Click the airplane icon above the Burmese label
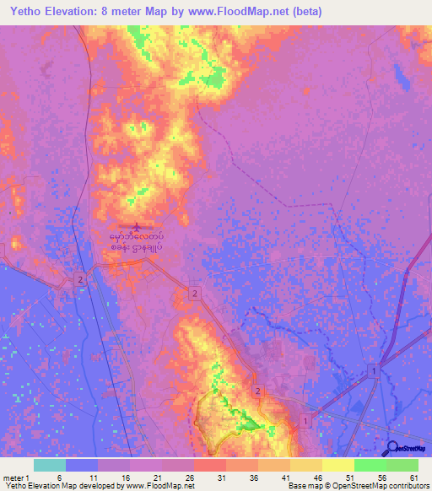pos(138,226)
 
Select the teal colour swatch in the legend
pos(49,465)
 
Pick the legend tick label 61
pos(413,477)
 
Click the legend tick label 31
pos(221,477)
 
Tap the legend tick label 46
pos(317,477)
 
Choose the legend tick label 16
pos(125,477)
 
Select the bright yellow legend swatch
pos(337,465)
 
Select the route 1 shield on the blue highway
pos(373,372)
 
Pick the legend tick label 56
pos(381,477)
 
